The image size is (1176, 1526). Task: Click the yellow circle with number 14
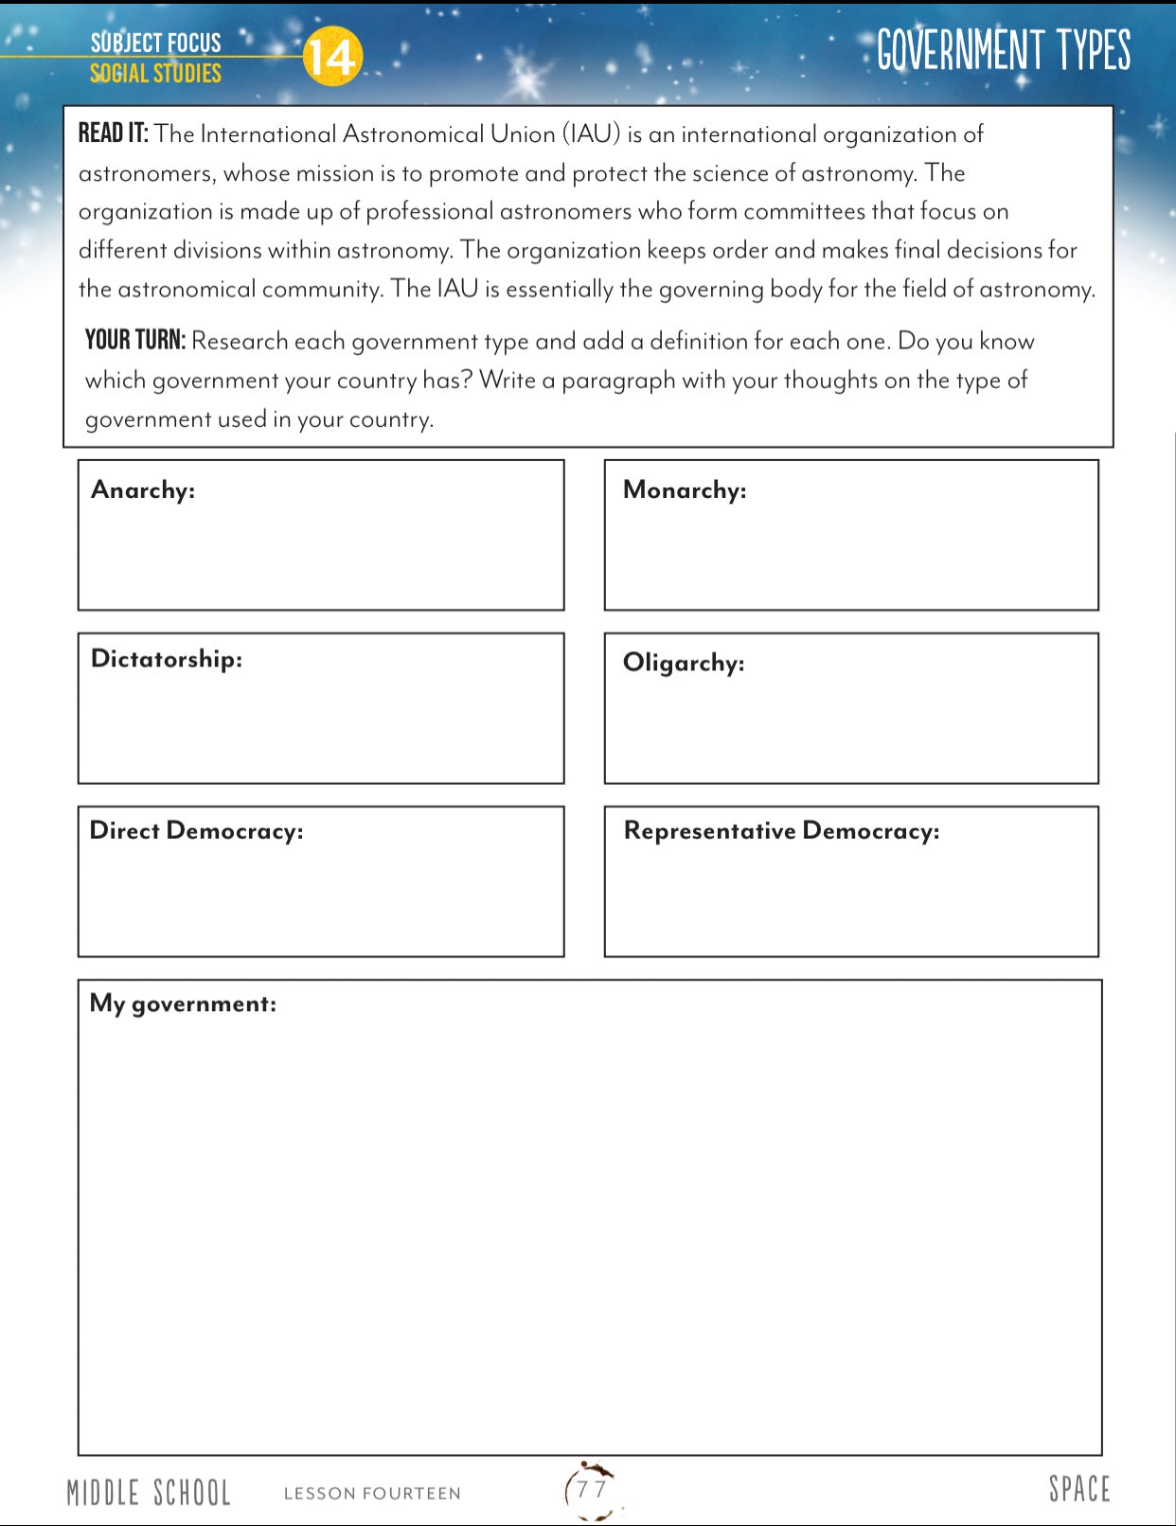pyautogui.click(x=332, y=57)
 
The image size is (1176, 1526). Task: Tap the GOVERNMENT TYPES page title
pyautogui.click(x=1003, y=50)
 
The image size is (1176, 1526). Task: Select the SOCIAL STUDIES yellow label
pyautogui.click(x=155, y=74)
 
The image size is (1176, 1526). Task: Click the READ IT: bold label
pyautogui.click(x=113, y=133)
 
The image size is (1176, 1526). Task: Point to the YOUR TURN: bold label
pyautogui.click(x=135, y=341)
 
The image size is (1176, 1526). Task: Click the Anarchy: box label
pyautogui.click(x=143, y=490)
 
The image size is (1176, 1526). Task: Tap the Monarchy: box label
pyautogui.click(x=685, y=490)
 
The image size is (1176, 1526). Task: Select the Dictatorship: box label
pyautogui.click(x=167, y=659)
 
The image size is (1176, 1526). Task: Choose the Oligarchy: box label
pyautogui.click(x=684, y=663)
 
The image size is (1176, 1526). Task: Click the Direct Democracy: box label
pyautogui.click(x=197, y=831)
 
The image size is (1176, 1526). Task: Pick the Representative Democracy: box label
pyautogui.click(x=781, y=831)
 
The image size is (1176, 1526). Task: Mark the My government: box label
pyautogui.click(x=183, y=1003)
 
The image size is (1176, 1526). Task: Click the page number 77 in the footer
pyautogui.click(x=592, y=1489)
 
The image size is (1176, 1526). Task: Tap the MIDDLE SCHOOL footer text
pyautogui.click(x=149, y=1493)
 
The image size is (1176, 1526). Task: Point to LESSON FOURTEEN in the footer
pyautogui.click(x=372, y=1494)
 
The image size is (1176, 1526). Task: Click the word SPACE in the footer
pyautogui.click(x=1078, y=1489)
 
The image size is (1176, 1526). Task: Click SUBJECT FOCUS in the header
pyautogui.click(x=155, y=43)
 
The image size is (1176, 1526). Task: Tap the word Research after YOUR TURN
pyautogui.click(x=240, y=342)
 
